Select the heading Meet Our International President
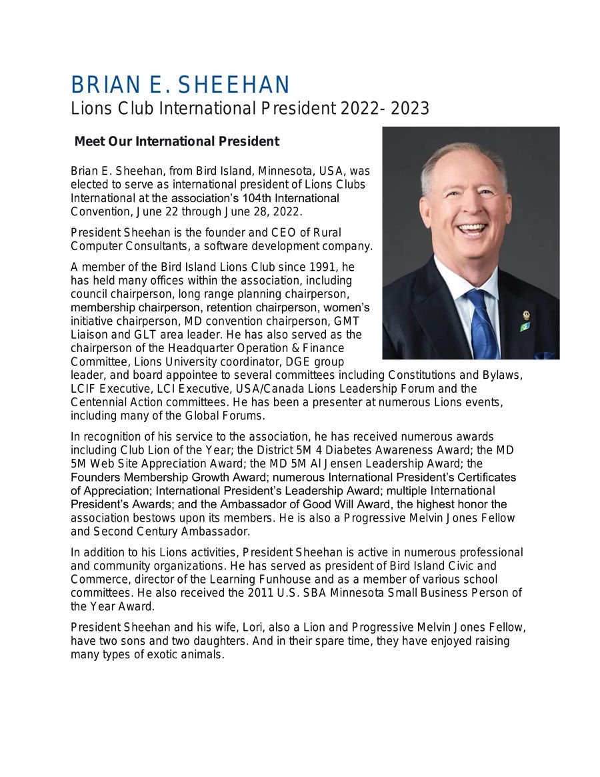coord(177,141)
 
